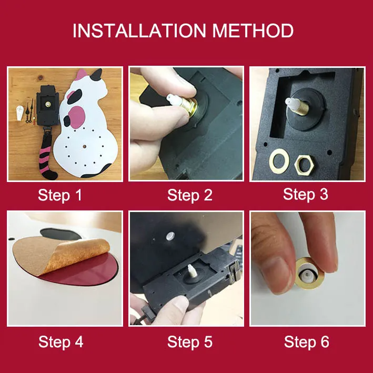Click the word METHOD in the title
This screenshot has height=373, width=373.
[253, 31]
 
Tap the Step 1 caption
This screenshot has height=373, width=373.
[60, 195]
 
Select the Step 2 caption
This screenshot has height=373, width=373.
[189, 195]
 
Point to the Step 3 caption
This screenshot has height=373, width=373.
[306, 194]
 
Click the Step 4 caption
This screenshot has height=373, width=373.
[61, 342]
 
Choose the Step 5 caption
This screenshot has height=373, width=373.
[189, 342]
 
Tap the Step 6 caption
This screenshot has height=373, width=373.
[307, 342]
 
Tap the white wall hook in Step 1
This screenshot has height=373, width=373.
[20, 113]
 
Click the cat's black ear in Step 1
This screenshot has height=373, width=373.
[96, 75]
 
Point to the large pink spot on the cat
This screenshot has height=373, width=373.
[77, 116]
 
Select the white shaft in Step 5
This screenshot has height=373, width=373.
[191, 271]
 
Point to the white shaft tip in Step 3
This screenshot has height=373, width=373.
[292, 104]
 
